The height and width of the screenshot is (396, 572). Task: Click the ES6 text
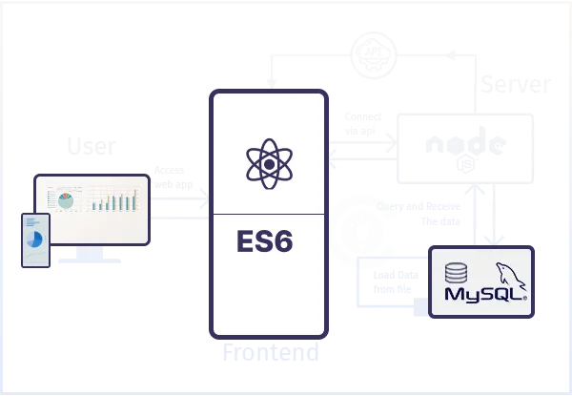click(x=268, y=240)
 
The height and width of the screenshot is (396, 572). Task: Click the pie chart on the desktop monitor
click(x=65, y=201)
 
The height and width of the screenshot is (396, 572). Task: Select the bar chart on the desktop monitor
click(x=114, y=201)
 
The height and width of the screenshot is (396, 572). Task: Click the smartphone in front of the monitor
click(x=34, y=242)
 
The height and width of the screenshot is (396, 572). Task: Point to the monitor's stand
click(x=91, y=254)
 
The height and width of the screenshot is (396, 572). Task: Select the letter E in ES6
click(x=246, y=240)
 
